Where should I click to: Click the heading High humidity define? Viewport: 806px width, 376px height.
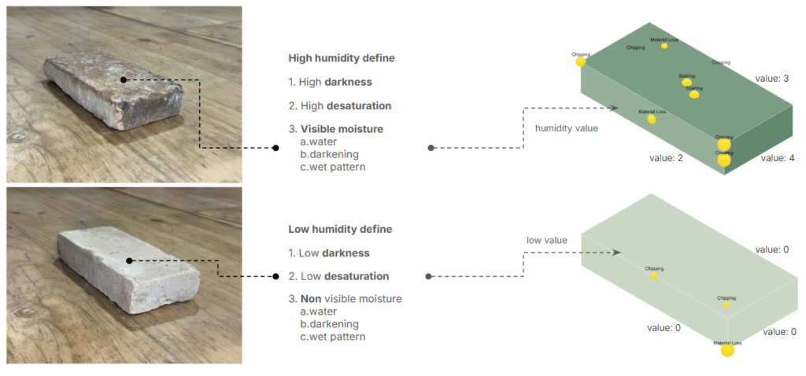click(x=341, y=58)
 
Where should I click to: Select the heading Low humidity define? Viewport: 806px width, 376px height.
click(x=339, y=229)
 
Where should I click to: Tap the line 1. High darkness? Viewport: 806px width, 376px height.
click(x=330, y=82)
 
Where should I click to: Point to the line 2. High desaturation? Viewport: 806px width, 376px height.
click(x=339, y=105)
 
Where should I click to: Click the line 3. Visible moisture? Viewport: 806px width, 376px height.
click(x=335, y=129)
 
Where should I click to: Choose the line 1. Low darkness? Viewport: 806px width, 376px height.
click(x=328, y=253)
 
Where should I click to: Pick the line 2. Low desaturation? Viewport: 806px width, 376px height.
click(x=338, y=277)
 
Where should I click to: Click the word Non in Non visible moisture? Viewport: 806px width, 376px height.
click(x=311, y=299)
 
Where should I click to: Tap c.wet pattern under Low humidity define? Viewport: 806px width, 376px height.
click(x=332, y=337)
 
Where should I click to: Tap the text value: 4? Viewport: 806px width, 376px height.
click(x=778, y=158)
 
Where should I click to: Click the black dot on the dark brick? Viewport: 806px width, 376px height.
click(x=124, y=79)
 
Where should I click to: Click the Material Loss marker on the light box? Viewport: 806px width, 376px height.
click(x=727, y=350)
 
